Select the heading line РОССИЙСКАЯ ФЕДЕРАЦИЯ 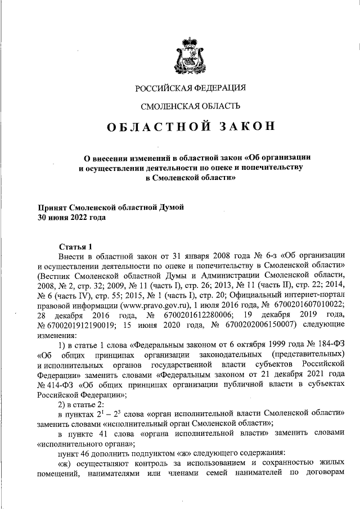[190, 87]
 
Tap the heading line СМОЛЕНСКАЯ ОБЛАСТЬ [190, 106]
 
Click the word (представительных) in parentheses [307, 355]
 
